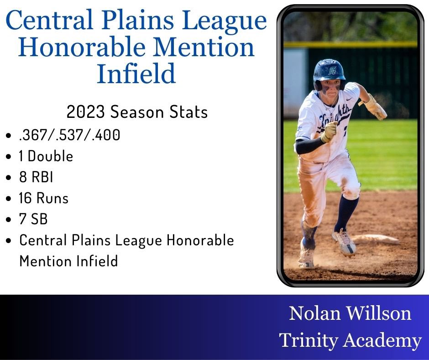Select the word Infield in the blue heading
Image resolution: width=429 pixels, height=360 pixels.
(136, 74)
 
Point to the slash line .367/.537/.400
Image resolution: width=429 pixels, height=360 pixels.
(69, 135)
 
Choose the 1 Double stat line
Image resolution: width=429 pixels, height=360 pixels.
(46, 156)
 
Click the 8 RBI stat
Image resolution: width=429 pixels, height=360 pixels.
(36, 177)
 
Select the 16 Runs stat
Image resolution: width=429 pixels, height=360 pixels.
(43, 198)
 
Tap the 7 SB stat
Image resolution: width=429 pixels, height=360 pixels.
(33, 219)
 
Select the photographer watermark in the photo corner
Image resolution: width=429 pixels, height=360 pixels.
(392, 273)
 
